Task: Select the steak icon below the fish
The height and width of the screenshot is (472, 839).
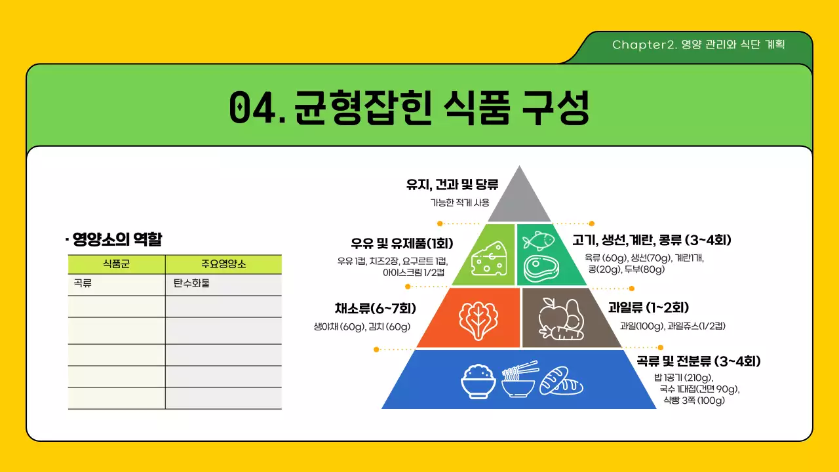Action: coord(541,268)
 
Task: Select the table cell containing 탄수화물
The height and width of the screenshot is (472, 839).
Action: coord(223,285)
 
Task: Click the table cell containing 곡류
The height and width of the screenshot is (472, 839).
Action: coord(116,285)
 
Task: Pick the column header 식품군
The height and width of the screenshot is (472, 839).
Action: coord(116,264)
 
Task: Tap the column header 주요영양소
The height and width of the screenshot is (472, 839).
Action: coord(223,264)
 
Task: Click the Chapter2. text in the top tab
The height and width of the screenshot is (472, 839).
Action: coord(645,45)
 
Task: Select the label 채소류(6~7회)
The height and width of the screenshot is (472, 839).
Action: coord(375,308)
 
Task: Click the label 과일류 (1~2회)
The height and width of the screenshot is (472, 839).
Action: coord(657,307)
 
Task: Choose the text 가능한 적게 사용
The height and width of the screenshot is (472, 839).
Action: coord(459,203)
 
